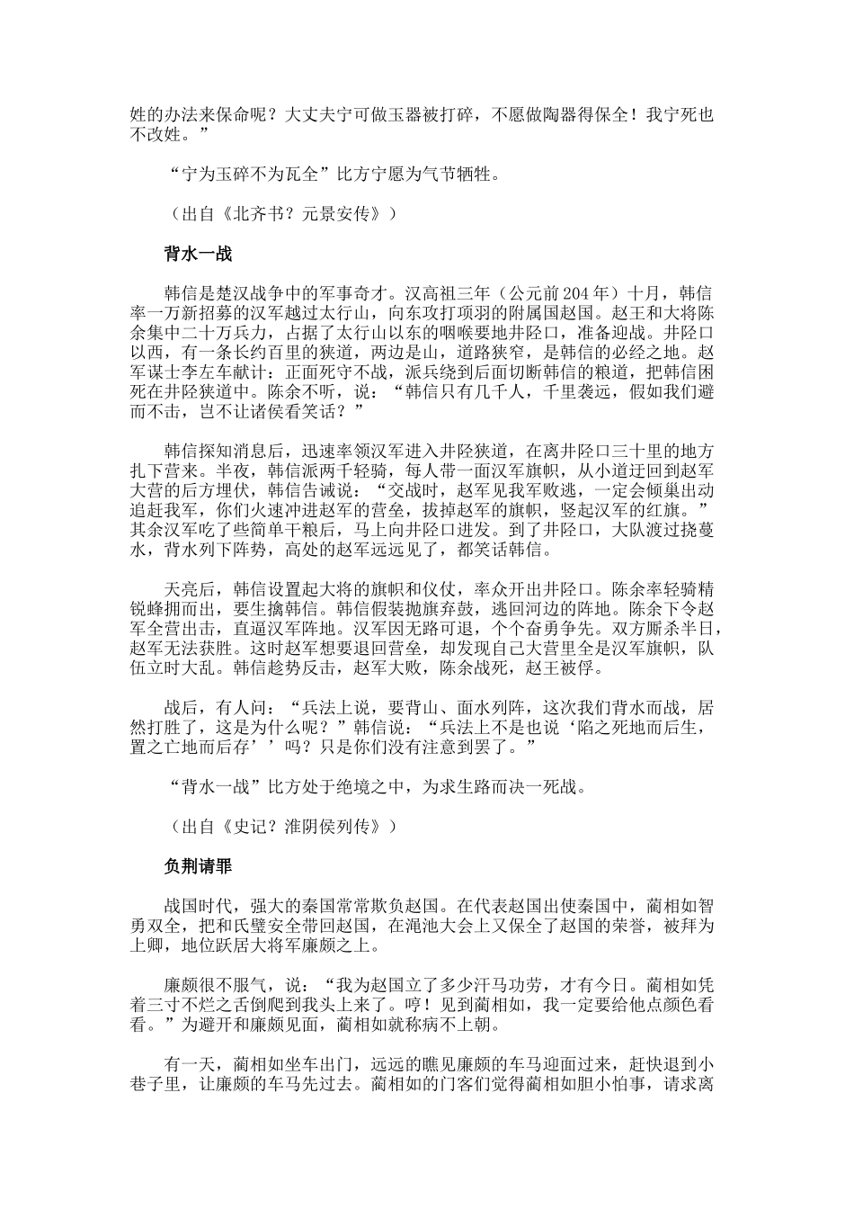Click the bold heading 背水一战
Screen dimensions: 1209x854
pyautogui.click(x=198, y=255)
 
